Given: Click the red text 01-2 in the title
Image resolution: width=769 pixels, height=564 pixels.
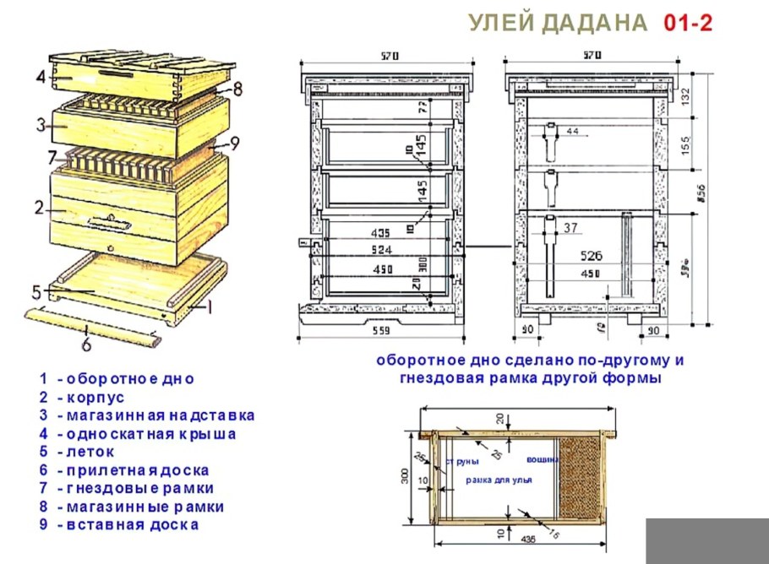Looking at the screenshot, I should pos(688,23).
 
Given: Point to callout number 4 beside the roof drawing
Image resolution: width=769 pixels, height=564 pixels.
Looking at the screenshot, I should pos(41,77).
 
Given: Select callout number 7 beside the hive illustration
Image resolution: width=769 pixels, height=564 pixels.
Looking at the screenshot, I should pos(52,157).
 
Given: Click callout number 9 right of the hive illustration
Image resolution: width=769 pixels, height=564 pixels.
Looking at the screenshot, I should pos(235,144).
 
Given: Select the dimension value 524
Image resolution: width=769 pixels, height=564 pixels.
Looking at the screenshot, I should pos(383,251).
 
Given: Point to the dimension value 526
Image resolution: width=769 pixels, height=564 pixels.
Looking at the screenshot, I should pos(591,254).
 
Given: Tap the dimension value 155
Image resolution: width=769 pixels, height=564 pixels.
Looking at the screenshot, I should pos(685,144).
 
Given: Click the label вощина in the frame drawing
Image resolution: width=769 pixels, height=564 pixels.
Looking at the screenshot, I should pos(541,461).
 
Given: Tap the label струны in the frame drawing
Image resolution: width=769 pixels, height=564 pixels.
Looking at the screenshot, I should pos(466,462).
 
